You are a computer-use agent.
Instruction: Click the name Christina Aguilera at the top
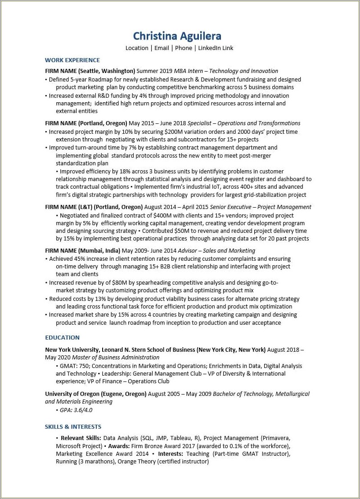(x=177, y=36)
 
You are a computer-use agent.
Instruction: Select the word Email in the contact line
(x=162, y=48)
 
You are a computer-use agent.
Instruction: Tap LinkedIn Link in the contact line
(x=216, y=48)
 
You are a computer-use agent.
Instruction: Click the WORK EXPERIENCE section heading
(x=72, y=60)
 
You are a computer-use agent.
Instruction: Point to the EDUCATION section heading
(x=62, y=337)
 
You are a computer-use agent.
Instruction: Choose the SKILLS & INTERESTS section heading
(x=73, y=426)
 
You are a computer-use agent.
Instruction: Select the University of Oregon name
(x=72, y=394)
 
